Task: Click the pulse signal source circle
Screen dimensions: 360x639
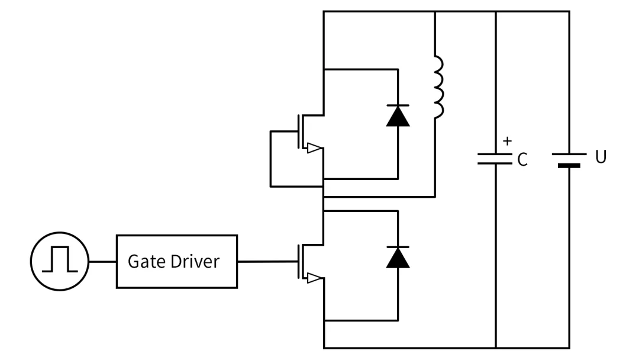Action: click(59, 261)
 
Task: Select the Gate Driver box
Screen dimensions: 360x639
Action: click(176, 261)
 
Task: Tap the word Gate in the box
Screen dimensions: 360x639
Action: click(143, 261)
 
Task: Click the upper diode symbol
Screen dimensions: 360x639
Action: click(398, 115)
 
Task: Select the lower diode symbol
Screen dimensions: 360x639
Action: click(398, 258)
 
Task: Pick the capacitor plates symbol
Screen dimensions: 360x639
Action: click(495, 159)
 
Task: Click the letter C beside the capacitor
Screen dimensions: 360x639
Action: click(521, 160)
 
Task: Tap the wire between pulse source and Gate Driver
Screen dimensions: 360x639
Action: click(102, 261)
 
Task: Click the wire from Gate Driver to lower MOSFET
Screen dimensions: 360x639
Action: click(266, 261)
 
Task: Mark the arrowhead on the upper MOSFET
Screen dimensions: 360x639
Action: click(315, 149)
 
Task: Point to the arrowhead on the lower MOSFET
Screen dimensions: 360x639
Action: click(315, 278)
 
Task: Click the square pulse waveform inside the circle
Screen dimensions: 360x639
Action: click(60, 261)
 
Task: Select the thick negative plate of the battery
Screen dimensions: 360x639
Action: click(569, 166)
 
